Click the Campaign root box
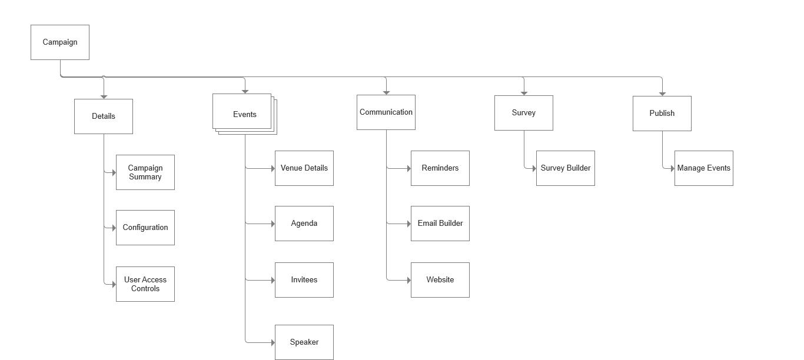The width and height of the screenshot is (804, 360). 60,42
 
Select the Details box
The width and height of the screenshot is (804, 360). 104,116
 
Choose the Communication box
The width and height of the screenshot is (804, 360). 386,112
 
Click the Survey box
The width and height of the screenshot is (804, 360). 524,113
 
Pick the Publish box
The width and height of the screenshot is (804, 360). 662,114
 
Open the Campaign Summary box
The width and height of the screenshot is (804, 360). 145,172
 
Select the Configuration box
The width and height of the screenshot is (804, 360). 145,228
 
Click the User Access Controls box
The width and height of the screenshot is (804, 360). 145,284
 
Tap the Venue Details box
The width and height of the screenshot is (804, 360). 304,168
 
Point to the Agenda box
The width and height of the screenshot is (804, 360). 304,224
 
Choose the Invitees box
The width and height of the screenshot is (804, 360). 304,280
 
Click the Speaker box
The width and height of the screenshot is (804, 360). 304,342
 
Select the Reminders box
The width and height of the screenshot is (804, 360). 440,168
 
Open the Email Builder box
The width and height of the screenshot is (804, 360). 440,224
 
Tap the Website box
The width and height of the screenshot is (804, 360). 440,280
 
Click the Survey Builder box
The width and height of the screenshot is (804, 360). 566,168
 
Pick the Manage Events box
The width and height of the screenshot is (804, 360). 704,168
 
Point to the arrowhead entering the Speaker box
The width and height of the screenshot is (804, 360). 273,342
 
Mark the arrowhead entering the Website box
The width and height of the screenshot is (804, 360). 408,280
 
